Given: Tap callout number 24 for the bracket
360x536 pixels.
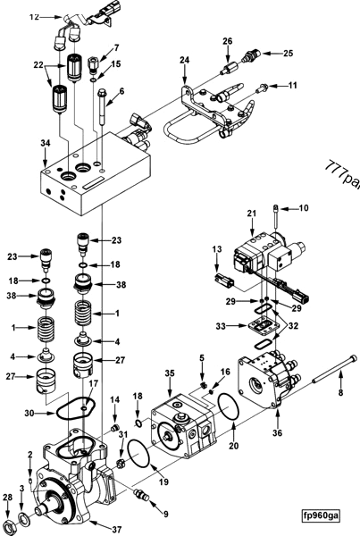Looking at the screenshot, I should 186,62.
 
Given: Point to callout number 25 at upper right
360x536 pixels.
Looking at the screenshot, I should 289,54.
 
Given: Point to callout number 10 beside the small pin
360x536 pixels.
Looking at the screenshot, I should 304,207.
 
